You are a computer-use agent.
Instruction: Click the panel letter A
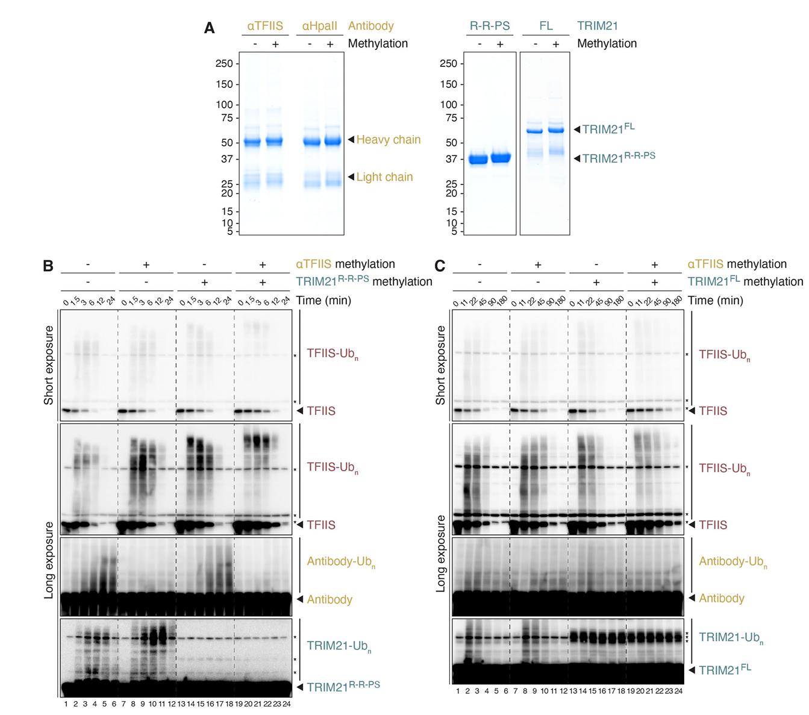coord(209,28)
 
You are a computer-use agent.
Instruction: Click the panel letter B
coord(48,266)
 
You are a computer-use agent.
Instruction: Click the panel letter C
coord(440,266)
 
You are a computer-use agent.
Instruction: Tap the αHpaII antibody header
coord(319,27)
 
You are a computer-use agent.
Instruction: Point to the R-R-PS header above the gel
coord(490,27)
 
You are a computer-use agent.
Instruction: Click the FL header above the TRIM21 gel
coord(545,27)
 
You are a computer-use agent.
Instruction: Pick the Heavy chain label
coord(388,140)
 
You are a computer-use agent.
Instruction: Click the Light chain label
coord(384,177)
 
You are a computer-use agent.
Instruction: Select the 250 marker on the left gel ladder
coord(224,64)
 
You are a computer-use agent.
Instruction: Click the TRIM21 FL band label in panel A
coord(608,129)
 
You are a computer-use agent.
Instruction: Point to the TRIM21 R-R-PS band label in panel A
coord(618,158)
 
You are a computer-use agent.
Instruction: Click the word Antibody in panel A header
coord(371,27)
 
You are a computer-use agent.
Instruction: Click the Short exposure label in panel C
coord(441,365)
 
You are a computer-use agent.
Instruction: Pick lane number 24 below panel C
coord(679,691)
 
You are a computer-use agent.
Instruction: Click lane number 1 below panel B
coord(66,703)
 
